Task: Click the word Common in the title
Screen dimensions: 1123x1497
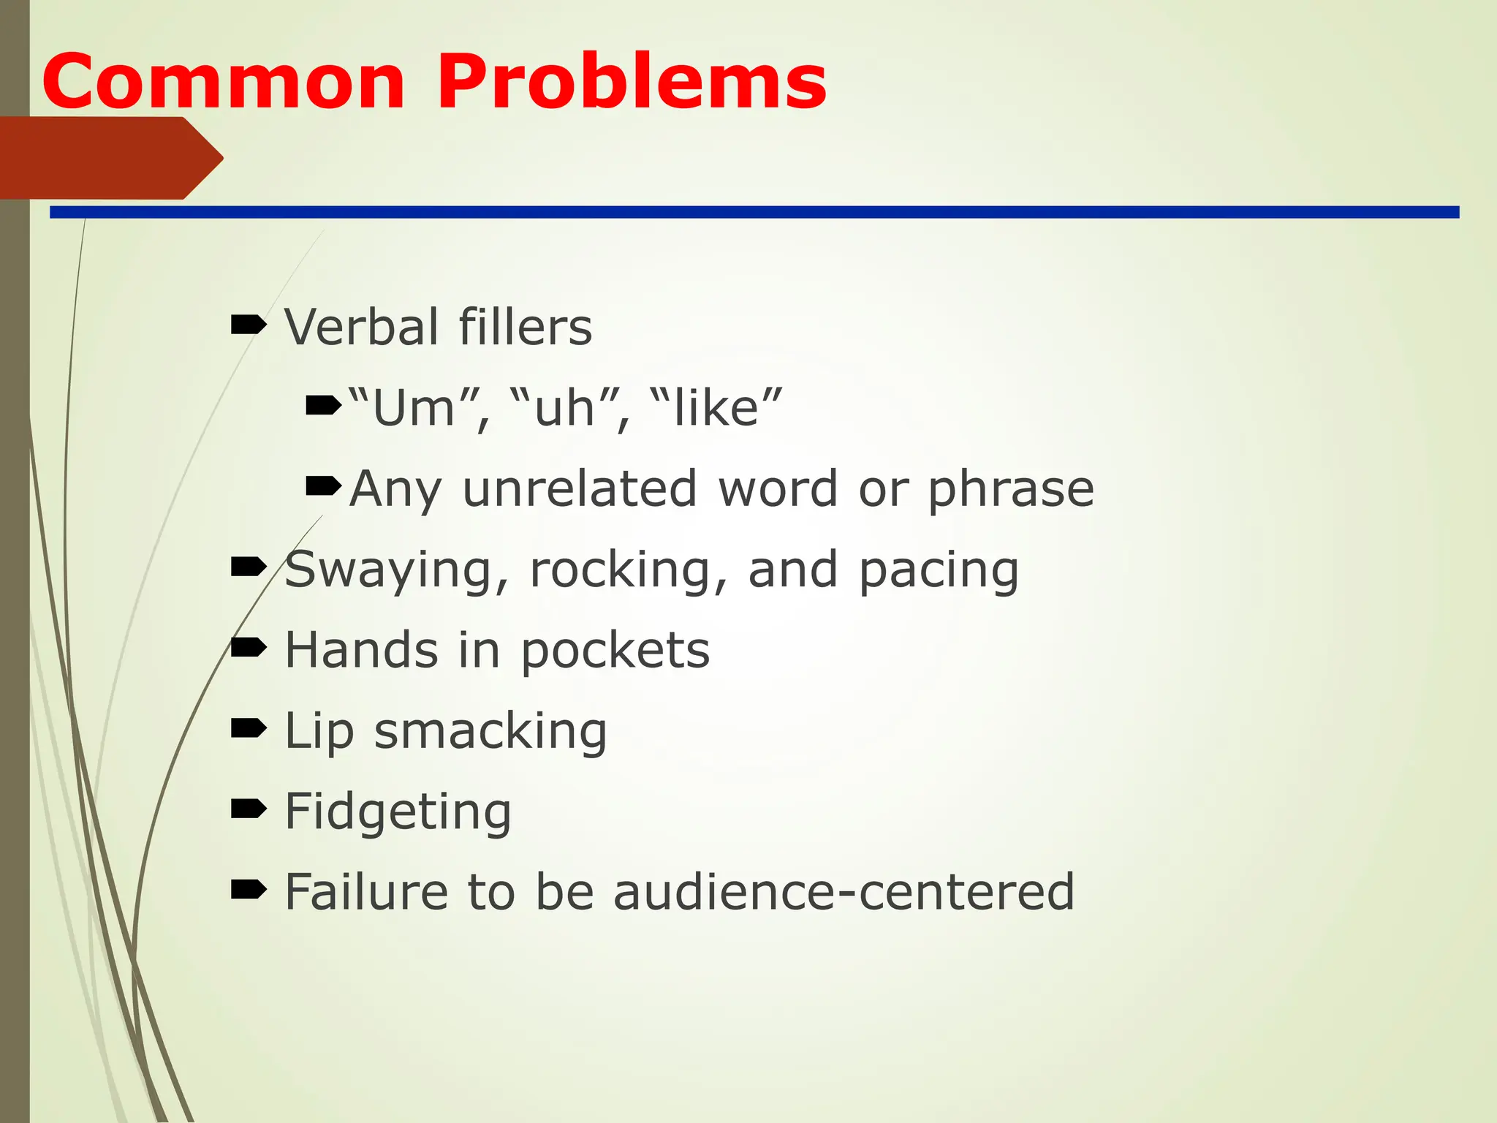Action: tap(223, 82)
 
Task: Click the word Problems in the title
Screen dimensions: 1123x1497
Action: tap(632, 82)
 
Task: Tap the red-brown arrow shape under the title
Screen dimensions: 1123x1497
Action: tap(110, 158)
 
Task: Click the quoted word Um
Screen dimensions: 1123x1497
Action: tap(414, 407)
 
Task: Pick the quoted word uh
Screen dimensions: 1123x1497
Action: tap(564, 407)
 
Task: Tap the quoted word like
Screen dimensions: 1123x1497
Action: tap(716, 407)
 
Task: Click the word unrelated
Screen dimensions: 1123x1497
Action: tap(580, 488)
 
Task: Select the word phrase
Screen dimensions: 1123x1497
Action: tap(1011, 488)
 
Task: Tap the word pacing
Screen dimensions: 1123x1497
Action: tap(939, 570)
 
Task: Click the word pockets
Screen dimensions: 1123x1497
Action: tap(615, 650)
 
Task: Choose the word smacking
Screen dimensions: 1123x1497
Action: tap(490, 731)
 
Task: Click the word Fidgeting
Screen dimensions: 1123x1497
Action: tap(398, 812)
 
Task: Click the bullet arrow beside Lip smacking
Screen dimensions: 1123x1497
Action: tap(249, 728)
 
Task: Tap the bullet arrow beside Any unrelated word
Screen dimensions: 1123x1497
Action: tap(323, 485)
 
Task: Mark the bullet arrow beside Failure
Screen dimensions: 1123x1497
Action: tap(249, 890)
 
